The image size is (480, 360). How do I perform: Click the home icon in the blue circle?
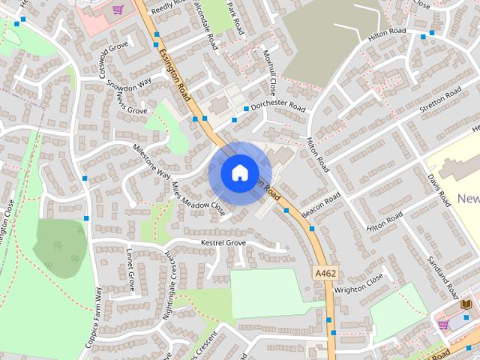[x=239, y=172]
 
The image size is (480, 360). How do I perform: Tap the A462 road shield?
[x=325, y=274]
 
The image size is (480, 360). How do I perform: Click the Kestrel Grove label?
[x=223, y=243]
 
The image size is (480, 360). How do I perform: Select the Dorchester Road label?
[x=279, y=107]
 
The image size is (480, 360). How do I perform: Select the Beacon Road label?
[x=321, y=205]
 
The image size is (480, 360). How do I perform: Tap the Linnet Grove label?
[x=130, y=270]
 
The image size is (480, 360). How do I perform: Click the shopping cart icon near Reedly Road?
[x=118, y=10]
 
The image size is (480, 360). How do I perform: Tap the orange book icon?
[x=466, y=303]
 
